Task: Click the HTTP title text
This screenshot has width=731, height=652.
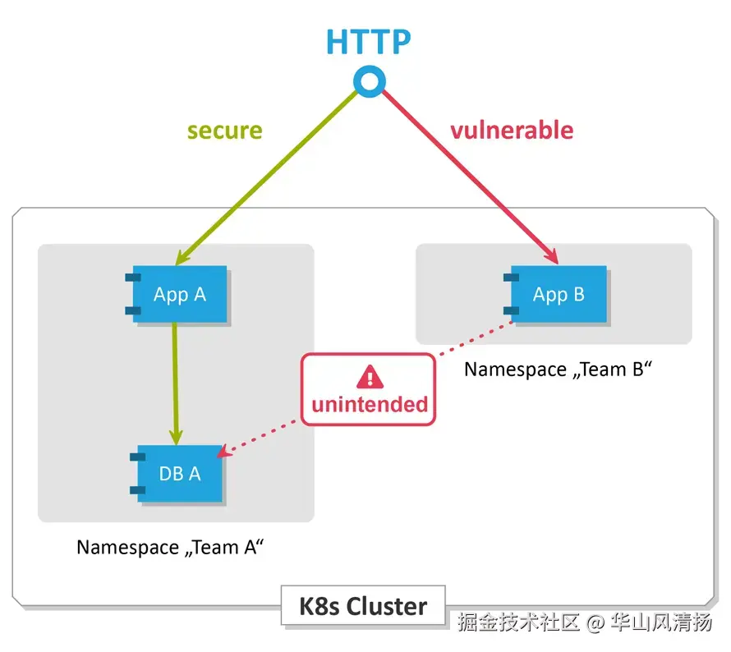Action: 369,41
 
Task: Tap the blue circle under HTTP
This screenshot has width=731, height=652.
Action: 369,80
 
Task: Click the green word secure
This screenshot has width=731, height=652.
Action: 224,131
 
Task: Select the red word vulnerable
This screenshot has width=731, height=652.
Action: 511,130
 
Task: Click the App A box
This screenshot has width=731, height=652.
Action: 181,295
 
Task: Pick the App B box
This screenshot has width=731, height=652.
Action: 559,294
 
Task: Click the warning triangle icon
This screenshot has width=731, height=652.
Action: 370,377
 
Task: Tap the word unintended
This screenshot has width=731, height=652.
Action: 370,404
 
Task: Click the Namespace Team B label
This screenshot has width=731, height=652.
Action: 558,370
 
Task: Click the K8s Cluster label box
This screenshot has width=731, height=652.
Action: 363,607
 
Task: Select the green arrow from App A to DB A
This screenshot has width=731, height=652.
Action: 175,378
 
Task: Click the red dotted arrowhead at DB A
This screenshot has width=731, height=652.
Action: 231,451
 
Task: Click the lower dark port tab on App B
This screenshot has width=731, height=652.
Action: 510,311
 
